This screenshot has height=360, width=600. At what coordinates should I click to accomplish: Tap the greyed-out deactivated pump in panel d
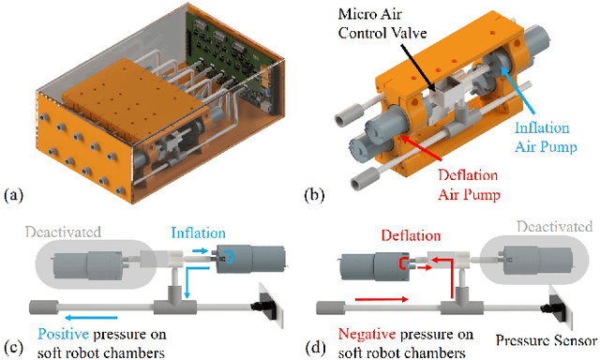537,259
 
